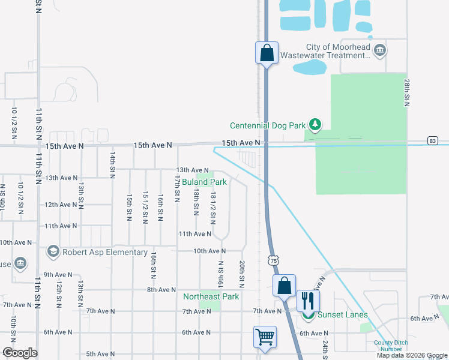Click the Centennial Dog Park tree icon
click(x=315, y=125)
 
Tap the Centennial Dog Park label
click(x=268, y=126)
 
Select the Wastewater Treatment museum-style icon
click(x=379, y=50)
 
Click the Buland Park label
click(x=205, y=182)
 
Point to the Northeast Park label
click(x=211, y=296)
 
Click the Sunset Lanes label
click(x=343, y=315)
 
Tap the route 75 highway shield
click(x=273, y=261)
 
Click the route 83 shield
click(x=433, y=140)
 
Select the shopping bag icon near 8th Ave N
click(x=284, y=284)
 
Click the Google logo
click(x=19, y=353)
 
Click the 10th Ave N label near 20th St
click(x=209, y=251)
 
